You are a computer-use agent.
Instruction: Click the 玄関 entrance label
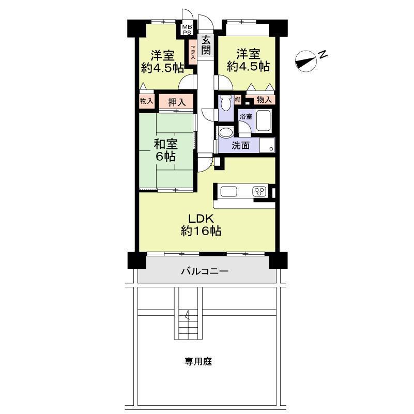206,45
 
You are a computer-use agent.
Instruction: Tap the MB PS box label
187,29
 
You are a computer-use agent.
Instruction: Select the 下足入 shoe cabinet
193,52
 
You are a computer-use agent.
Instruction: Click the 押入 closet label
177,102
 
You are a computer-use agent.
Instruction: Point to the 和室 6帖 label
165,150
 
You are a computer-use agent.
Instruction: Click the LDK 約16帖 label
201,225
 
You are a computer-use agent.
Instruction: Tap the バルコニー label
205,271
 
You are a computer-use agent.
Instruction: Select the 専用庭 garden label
198,361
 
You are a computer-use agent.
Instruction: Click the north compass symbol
306,61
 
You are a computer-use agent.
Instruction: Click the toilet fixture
226,103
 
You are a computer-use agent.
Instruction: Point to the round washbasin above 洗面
225,132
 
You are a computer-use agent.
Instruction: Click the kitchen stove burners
259,191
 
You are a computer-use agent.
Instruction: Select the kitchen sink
228,191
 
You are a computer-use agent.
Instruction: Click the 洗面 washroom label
241,145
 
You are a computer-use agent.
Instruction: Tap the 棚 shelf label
237,100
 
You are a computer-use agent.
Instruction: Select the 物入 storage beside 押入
147,101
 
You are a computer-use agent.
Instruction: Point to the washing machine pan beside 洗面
267,145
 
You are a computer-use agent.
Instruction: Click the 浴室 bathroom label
246,116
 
